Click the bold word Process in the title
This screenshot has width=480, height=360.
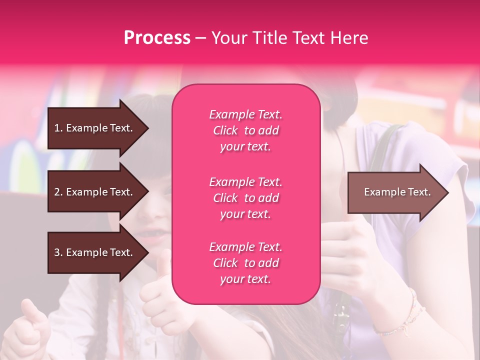pyautogui.click(x=157, y=38)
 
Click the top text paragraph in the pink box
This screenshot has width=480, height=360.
pyautogui.click(x=245, y=130)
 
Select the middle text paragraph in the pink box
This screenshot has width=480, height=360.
pyautogui.click(x=245, y=198)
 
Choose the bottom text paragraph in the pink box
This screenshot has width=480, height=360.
pyautogui.click(x=245, y=263)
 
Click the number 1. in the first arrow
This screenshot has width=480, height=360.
pyautogui.click(x=58, y=128)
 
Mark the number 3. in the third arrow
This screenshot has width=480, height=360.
pyautogui.click(x=58, y=252)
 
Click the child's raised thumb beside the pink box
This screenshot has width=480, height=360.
pyautogui.click(x=161, y=270)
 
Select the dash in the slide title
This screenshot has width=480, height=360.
pyautogui.click(x=200, y=38)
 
